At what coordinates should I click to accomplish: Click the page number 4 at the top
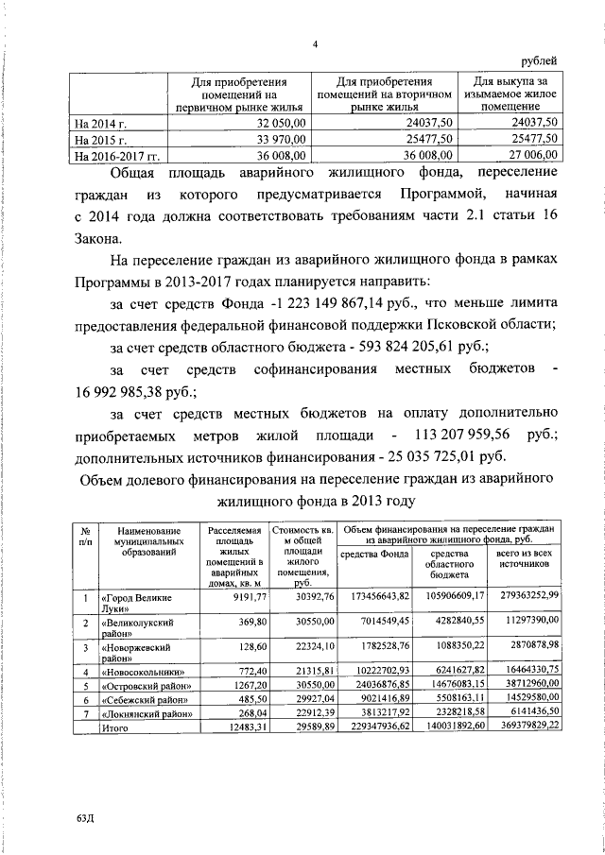[x=316, y=44]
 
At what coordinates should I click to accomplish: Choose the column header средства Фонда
[x=374, y=555]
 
